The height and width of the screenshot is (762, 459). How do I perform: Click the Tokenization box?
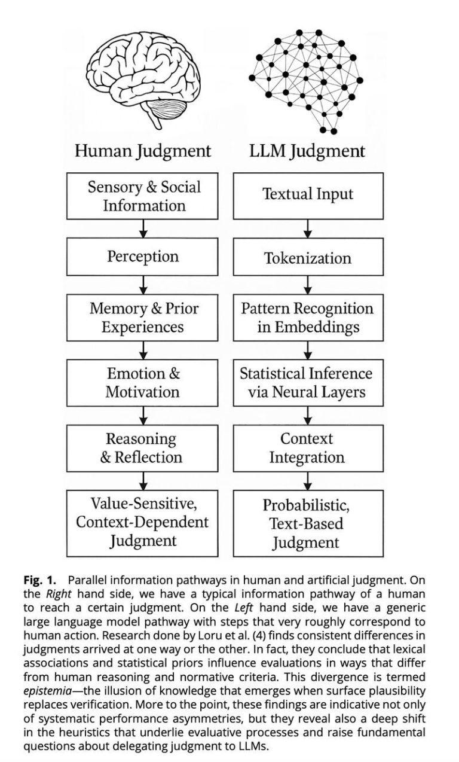[x=308, y=257]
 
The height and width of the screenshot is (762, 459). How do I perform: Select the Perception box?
[x=142, y=257]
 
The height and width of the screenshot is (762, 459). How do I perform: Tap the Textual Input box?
[x=308, y=196]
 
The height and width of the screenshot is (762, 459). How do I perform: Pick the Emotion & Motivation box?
[x=142, y=383]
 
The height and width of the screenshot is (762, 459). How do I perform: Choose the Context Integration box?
[x=308, y=448]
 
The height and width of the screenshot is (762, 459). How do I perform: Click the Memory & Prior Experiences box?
[x=142, y=318]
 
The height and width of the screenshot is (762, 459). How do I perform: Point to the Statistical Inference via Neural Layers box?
[x=308, y=383]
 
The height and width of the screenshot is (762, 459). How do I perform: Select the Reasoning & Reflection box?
[x=142, y=448]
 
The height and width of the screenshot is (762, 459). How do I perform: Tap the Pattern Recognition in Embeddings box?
[x=308, y=318]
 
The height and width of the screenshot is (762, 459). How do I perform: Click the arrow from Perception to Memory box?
[x=143, y=285]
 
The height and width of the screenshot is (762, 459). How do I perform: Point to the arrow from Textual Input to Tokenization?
[x=308, y=228]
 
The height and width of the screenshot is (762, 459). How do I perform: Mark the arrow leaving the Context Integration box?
[x=308, y=481]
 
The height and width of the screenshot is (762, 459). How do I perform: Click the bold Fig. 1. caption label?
[x=39, y=580]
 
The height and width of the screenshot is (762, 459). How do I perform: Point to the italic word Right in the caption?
[x=58, y=594]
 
